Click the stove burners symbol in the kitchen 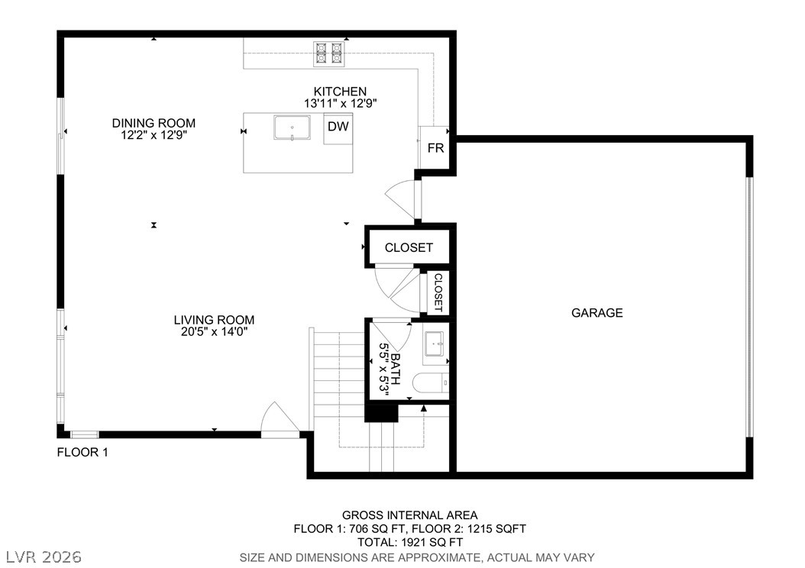(329, 52)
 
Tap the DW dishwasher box (338, 127)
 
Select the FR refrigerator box (435, 148)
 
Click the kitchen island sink (293, 128)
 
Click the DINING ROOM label (154, 123)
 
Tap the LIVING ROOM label (214, 320)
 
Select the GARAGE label (596, 312)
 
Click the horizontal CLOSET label (409, 247)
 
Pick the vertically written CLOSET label (438, 292)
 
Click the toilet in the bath (431, 383)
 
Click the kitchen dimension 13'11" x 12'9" (341, 102)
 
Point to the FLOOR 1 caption (82, 452)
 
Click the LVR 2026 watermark (44, 555)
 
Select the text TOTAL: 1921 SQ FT (409, 542)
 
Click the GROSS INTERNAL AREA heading (409, 515)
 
